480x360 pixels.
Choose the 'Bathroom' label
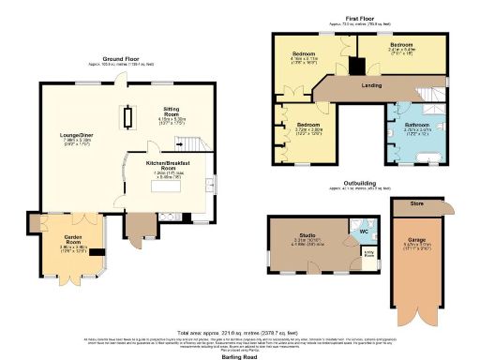click(x=416, y=125)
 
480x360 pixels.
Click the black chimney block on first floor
click(x=353, y=68)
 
